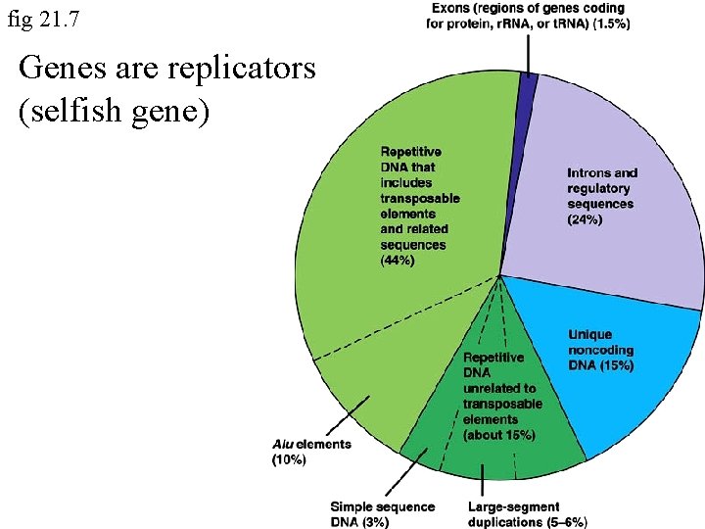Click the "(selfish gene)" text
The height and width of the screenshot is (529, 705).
pyautogui.click(x=114, y=109)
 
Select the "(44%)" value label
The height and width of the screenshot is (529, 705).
pyautogui.click(x=398, y=261)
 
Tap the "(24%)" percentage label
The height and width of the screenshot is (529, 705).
pyautogui.click(x=585, y=219)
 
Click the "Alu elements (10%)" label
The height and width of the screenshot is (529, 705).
pyautogui.click(x=310, y=452)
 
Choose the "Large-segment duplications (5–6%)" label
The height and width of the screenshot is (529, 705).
pyautogui.click(x=527, y=513)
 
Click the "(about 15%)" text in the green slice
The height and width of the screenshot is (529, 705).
pyautogui.click(x=498, y=434)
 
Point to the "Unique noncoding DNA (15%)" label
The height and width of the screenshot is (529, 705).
pyautogui.click(x=600, y=350)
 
